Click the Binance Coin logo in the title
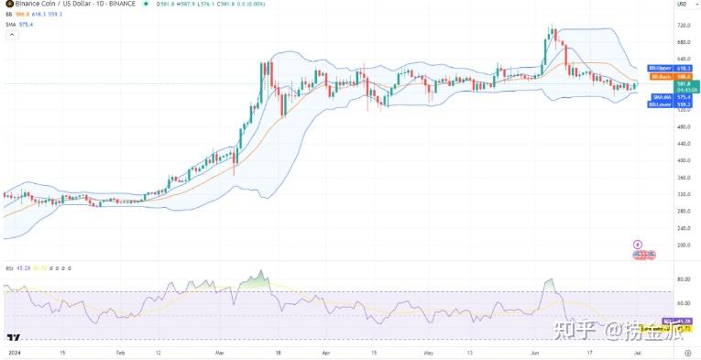point(8,5)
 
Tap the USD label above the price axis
point(682,5)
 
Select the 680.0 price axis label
point(684,41)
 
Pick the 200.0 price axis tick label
point(684,245)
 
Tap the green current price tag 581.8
point(687,86)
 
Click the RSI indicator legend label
point(8,268)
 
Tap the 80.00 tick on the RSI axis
point(684,279)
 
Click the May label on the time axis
point(427,350)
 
